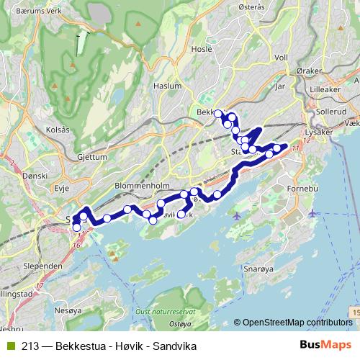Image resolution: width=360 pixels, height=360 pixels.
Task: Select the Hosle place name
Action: [202, 50]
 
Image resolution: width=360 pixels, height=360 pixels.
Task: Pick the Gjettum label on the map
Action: [91, 156]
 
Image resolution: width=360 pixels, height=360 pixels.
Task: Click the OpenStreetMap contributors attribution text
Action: [297, 323]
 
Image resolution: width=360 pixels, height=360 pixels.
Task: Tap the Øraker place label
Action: [310, 73]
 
